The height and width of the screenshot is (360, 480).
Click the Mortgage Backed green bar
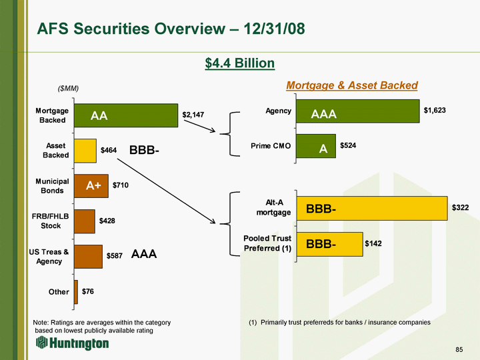click(x=126, y=115)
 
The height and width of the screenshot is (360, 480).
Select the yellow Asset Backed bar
click(x=85, y=151)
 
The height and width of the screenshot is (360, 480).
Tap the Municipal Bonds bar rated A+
click(x=91, y=186)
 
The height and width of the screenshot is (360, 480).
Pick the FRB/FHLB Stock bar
click(x=85, y=221)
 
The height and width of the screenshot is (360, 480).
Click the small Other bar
click(x=76, y=292)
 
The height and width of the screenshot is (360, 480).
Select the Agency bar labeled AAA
click(x=358, y=111)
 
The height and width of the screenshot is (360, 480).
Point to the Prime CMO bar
click(x=316, y=146)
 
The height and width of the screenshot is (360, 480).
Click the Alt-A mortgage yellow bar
click(x=372, y=209)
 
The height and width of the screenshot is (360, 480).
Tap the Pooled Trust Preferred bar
click(x=330, y=244)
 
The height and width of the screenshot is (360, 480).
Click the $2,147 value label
click(x=193, y=115)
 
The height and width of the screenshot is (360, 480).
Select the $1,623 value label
click(x=435, y=110)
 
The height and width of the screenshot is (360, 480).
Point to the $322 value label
click(x=461, y=207)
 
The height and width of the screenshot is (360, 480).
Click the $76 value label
click(x=88, y=291)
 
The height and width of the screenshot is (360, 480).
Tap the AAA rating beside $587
click(x=144, y=254)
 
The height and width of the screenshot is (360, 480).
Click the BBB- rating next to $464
click(x=144, y=150)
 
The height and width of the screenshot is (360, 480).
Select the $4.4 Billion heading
click(x=240, y=63)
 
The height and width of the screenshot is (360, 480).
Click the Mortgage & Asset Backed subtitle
click(x=352, y=85)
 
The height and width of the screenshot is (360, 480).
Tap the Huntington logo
click(x=72, y=343)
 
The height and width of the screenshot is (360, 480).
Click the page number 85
click(x=459, y=349)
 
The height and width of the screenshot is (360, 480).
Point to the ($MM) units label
click(x=68, y=89)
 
